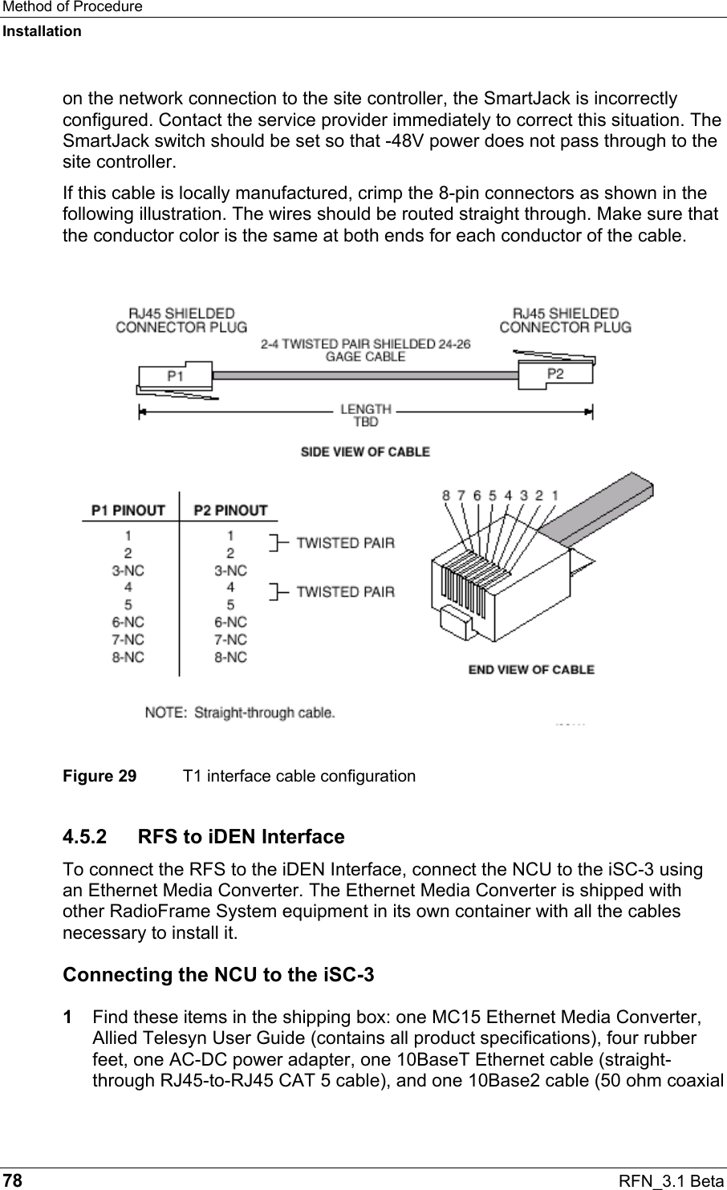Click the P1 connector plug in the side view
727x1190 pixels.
174,376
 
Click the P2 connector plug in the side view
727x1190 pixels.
554,374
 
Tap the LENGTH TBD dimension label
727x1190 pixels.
365,415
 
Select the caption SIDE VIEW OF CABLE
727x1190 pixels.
365,452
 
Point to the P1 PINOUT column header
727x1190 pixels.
128,510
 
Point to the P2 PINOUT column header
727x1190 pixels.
230,510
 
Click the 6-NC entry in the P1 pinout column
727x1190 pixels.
128,621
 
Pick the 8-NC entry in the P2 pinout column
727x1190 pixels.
230,657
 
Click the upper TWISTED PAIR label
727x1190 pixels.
346,543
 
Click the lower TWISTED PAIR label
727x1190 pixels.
346,592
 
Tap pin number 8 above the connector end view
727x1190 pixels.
446,496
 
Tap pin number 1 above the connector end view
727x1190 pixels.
554,496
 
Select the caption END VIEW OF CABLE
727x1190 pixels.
531,669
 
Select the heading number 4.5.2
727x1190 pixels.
90,837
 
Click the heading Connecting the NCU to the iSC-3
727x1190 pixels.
217,976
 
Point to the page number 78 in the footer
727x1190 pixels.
13,1180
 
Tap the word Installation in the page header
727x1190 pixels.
42,31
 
